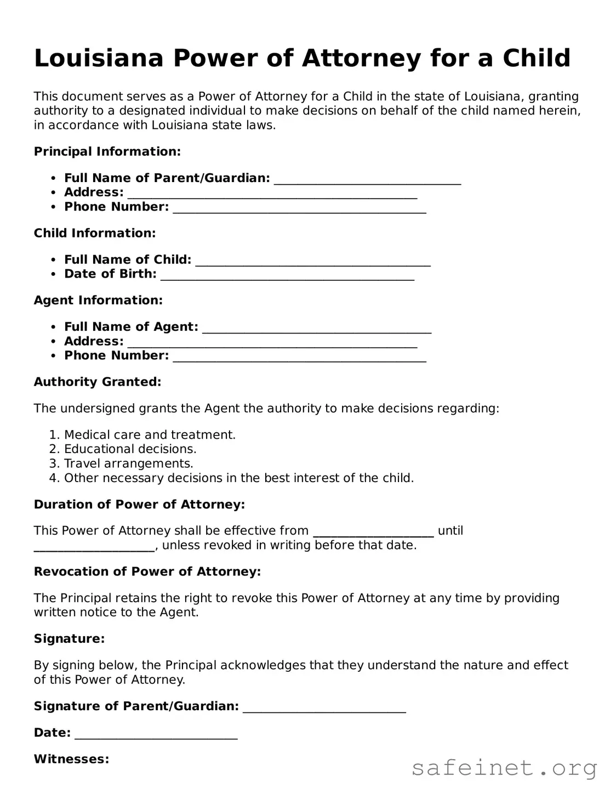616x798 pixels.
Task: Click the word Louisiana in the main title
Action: (99, 58)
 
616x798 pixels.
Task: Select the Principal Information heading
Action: (107, 151)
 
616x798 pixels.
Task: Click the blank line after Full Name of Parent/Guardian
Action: (367, 180)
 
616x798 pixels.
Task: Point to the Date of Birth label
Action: (110, 274)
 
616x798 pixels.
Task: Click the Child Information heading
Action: (95, 233)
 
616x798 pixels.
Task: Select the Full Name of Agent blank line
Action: (317, 329)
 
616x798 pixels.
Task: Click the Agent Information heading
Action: (98, 300)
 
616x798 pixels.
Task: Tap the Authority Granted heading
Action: (98, 382)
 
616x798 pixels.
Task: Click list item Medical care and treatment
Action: (150, 435)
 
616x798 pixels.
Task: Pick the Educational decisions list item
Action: (130, 449)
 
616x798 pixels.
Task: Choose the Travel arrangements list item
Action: (128, 463)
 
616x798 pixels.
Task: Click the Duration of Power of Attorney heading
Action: (139, 505)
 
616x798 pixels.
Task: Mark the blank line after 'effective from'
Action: (373, 532)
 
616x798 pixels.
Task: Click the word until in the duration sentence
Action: (450, 531)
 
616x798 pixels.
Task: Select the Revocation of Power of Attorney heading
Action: (147, 571)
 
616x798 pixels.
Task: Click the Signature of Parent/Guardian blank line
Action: (324, 708)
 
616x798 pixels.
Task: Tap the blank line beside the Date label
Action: (156, 734)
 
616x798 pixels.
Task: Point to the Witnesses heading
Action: (71, 759)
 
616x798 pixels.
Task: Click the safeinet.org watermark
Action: (504, 768)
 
